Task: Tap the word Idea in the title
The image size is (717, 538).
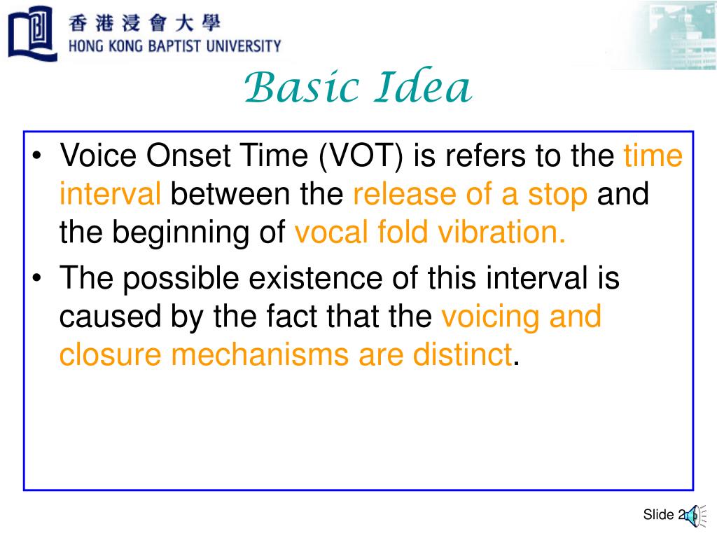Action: pos(423,89)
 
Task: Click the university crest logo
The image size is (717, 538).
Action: pos(32,33)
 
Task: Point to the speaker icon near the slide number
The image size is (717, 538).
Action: pos(691,516)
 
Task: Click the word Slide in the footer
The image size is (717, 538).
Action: pos(657,516)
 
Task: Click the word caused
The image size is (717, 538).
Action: pos(108,317)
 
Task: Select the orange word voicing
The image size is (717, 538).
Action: pos(489,317)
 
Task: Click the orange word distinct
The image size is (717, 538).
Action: pos(459,355)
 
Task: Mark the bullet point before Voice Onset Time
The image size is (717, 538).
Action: pos(39,156)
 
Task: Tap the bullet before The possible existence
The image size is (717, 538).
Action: pos(39,278)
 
